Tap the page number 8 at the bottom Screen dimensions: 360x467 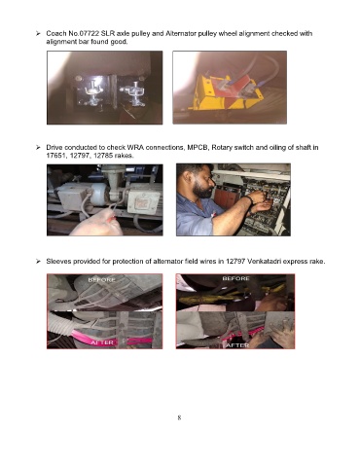[179, 417]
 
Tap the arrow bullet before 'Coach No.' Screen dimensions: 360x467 [38, 33]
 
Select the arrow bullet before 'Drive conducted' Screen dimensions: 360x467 [38, 148]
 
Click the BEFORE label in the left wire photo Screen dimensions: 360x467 [102, 280]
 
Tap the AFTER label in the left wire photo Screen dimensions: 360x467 [102, 342]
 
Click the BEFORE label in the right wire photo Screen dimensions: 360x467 [236, 278]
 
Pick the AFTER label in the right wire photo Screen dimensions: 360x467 [237, 345]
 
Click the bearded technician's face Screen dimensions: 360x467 [201, 183]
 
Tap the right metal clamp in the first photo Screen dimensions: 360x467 [135, 93]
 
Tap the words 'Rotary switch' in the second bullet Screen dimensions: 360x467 [233, 148]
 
